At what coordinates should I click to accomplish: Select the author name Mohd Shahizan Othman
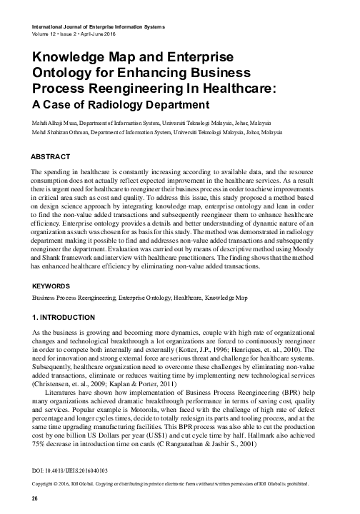coord(64,133)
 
